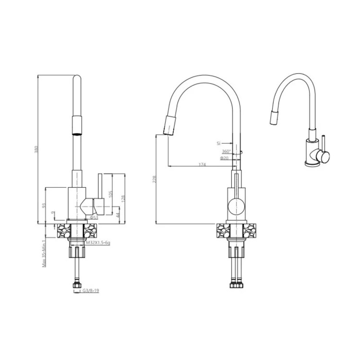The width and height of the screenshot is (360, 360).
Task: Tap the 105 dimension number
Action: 110,193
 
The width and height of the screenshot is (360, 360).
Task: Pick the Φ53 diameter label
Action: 94,217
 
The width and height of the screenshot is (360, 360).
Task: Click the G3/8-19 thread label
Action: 90,291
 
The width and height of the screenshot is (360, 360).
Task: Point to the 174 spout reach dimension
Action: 202,165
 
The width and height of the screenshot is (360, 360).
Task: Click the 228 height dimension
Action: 154,179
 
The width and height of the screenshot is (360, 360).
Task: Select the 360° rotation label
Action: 226,151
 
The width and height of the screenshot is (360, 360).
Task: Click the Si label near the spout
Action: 218,143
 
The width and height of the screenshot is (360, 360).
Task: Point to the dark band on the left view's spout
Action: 76,125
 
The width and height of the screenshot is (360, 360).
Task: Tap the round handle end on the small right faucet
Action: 324,156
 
